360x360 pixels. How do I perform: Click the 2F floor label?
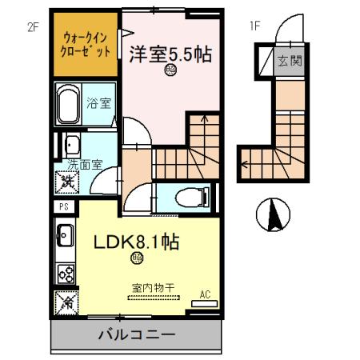tap(33, 26)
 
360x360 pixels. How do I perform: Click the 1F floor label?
tap(255, 26)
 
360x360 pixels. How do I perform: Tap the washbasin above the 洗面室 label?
tap(70, 146)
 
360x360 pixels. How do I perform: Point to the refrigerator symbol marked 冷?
tap(64, 303)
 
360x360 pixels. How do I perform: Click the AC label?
tap(205, 295)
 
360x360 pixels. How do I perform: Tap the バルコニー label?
tap(136, 334)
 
